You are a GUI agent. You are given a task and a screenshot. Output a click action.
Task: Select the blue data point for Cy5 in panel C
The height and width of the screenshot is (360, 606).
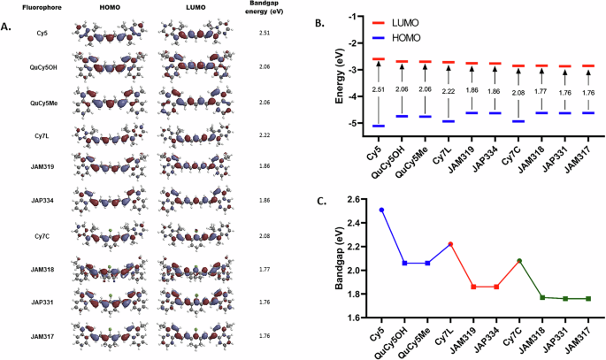point(381,210)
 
